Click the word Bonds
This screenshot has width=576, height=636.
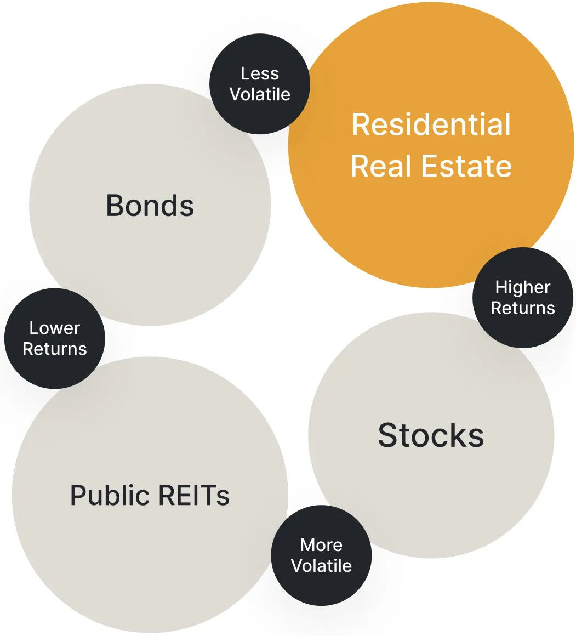(150, 206)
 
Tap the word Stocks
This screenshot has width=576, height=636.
(431, 436)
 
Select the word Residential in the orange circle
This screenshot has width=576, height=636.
(431, 124)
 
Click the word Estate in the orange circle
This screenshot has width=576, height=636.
(466, 166)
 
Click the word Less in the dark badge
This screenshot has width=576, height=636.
(260, 74)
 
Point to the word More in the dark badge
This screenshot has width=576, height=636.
(321, 545)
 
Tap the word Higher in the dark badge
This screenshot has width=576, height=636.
(523, 287)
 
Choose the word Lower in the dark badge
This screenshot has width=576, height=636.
(54, 328)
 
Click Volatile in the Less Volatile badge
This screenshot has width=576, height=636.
(260, 94)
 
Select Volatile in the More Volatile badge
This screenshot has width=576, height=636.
(321, 565)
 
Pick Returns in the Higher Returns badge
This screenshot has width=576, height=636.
(523, 308)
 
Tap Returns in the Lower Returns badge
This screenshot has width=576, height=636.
(54, 349)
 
